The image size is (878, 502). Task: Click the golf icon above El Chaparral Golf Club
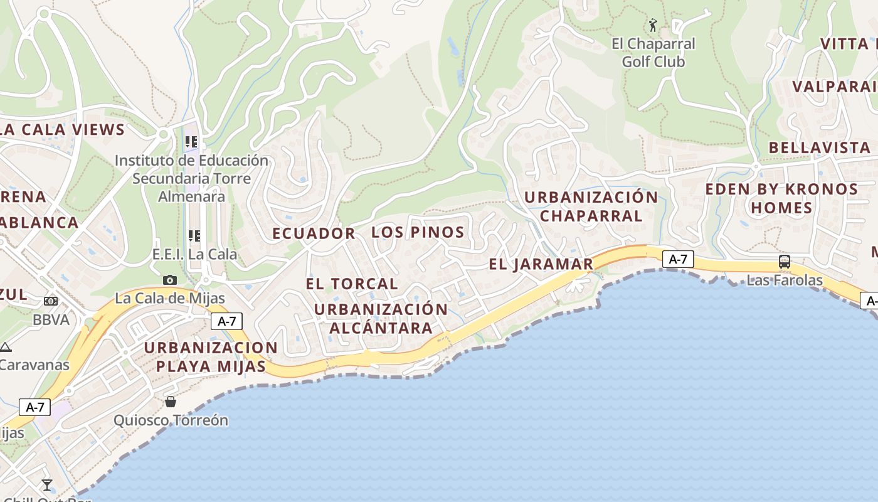click(x=653, y=25)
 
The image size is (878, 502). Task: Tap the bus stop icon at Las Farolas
click(x=784, y=262)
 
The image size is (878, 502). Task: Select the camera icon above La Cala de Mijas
click(x=169, y=280)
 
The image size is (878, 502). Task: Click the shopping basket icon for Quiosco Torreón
click(x=170, y=402)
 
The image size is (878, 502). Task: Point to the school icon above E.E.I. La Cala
click(x=194, y=236)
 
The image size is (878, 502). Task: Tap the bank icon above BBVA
click(x=51, y=302)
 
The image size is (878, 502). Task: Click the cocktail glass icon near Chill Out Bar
click(x=47, y=484)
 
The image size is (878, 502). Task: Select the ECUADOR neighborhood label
click(x=314, y=233)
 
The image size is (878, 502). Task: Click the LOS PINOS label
click(x=418, y=232)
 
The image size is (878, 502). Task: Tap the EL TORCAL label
click(x=352, y=284)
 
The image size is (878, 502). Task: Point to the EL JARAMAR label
click(x=541, y=264)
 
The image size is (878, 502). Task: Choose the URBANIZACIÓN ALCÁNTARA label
click(x=381, y=318)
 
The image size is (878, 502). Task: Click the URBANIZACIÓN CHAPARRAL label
click(x=591, y=206)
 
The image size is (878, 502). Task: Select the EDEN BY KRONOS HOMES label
click(x=781, y=198)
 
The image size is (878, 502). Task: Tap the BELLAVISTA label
click(x=820, y=147)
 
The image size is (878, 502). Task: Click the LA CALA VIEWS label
click(x=63, y=130)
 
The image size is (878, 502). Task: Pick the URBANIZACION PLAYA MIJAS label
click(x=211, y=357)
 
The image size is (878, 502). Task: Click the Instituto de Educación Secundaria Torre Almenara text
click(x=191, y=178)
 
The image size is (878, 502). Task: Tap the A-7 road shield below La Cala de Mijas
click(x=226, y=321)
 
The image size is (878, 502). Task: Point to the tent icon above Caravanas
click(x=6, y=347)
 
